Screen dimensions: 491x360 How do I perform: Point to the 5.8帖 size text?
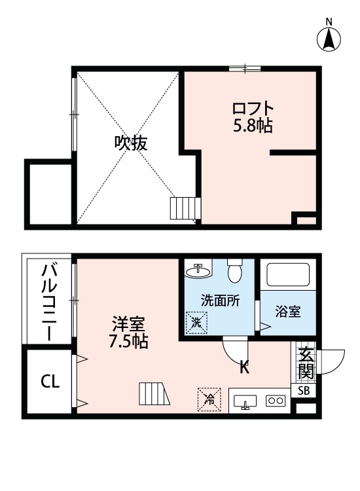(252, 125)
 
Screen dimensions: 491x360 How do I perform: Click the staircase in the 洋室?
(153, 395)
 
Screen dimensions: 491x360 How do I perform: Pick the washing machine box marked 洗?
(196, 321)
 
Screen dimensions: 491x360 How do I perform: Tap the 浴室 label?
(288, 312)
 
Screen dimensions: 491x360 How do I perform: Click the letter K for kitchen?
(244, 367)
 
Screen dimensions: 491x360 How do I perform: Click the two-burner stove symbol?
(275, 401)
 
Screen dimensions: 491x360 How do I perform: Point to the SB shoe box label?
(305, 391)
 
